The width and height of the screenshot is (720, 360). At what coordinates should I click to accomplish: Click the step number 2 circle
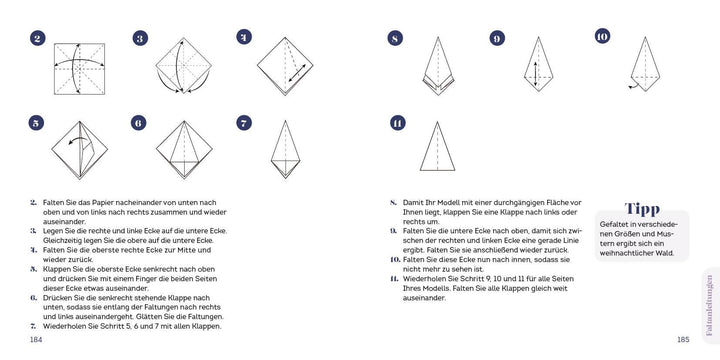click(38, 39)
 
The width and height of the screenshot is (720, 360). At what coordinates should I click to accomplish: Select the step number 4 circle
click(243, 37)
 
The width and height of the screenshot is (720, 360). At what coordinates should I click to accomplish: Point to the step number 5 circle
click(38, 123)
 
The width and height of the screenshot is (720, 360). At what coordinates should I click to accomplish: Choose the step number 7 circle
click(243, 123)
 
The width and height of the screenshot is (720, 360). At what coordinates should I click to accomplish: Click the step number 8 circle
click(395, 39)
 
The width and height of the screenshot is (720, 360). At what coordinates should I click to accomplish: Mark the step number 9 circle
click(497, 39)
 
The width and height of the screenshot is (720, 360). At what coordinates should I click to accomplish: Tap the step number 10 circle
click(601, 37)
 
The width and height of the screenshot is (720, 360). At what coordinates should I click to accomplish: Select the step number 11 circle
click(397, 123)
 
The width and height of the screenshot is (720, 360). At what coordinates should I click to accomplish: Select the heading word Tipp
click(641, 209)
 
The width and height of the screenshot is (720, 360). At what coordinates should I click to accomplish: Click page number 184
click(36, 338)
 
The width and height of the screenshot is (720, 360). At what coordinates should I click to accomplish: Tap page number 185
click(683, 338)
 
